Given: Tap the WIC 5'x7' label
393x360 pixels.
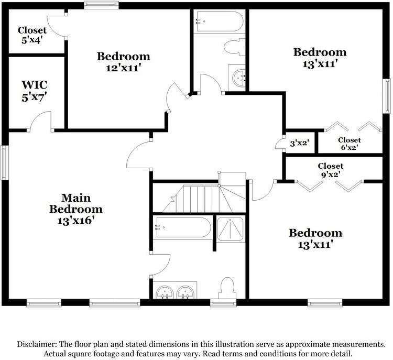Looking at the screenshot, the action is tap(35, 91).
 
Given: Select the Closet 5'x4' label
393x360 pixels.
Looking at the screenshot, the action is tap(32, 35).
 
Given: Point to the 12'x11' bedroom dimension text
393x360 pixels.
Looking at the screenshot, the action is tap(122, 68).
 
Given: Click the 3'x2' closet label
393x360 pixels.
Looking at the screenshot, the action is tap(299, 144).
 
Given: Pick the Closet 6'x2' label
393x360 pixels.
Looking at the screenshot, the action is tap(350, 144).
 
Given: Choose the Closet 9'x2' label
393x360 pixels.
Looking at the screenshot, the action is tap(330, 170).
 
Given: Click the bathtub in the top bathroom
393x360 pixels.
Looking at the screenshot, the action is tap(220, 21).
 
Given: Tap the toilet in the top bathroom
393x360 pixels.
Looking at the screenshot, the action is tap(234, 47).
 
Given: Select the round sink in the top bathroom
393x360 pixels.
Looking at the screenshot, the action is tap(238, 78).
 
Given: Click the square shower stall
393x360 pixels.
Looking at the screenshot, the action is tap(230, 229).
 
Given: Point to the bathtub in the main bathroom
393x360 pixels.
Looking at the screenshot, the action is tap(183, 227).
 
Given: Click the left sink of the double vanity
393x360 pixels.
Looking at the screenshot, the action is tap(165, 292).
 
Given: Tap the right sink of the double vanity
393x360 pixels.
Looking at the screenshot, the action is tap(185, 292).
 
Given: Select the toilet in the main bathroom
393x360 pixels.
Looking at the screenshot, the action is tap(226, 288).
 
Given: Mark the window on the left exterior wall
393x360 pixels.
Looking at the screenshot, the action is tap(4, 162).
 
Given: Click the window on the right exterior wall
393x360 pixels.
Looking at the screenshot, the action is tap(387, 96).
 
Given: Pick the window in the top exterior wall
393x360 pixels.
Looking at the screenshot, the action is tap(101, 5).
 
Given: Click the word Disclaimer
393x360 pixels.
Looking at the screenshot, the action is tap(35, 344).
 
